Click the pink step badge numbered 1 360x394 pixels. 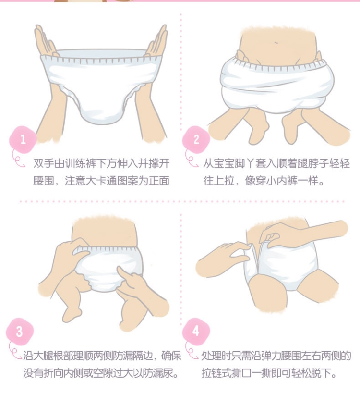click(x=23, y=140)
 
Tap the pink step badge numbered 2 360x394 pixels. click(x=196, y=140)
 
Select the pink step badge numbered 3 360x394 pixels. click(x=20, y=332)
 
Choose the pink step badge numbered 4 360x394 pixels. click(x=196, y=332)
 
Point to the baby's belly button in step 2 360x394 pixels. click(x=276, y=42)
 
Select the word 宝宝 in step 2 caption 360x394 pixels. click(x=224, y=163)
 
